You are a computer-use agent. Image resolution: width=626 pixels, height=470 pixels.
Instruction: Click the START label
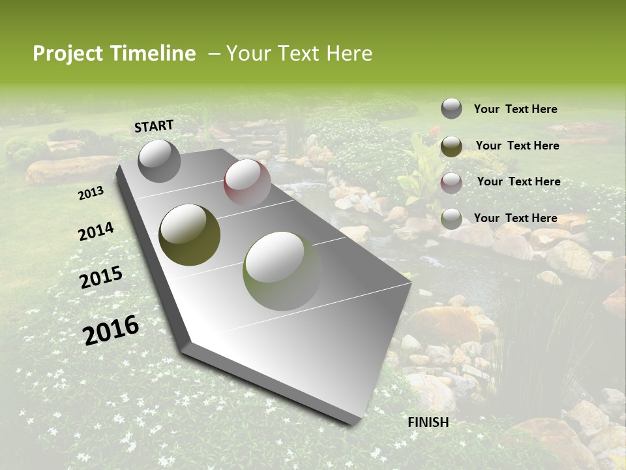point(154,126)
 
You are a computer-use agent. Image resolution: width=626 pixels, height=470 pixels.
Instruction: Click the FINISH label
point(428,422)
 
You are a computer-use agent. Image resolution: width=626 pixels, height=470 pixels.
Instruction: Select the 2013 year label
point(91,193)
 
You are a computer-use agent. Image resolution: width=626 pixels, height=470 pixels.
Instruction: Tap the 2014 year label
point(97,232)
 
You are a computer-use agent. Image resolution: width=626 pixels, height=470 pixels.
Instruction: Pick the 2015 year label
point(101,278)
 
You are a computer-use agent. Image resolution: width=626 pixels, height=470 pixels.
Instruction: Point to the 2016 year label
point(111,330)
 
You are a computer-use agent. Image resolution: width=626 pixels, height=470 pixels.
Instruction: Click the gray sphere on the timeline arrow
point(160,161)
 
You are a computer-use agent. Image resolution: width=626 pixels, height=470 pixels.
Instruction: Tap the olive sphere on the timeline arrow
point(190,234)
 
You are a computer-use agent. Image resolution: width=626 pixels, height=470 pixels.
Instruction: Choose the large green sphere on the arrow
point(282,270)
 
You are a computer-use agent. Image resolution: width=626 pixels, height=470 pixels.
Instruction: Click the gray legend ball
point(451,108)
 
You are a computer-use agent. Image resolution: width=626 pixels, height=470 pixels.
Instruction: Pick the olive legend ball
point(451,146)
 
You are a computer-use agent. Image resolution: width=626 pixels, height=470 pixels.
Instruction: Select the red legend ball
point(451,183)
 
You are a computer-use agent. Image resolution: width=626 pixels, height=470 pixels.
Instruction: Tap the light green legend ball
point(451,219)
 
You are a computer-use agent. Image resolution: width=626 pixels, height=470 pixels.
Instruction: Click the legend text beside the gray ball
point(515,109)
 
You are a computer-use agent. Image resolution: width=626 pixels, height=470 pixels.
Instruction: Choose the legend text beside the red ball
point(518,181)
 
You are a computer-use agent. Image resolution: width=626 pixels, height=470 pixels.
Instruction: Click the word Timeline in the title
point(153,54)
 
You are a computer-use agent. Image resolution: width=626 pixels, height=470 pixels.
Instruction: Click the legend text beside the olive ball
point(517,146)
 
